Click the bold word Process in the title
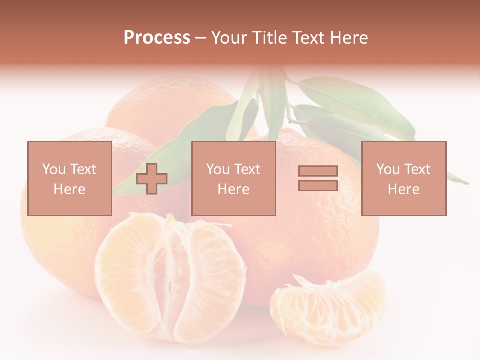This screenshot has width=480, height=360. point(157,38)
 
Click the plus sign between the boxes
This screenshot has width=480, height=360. point(152,178)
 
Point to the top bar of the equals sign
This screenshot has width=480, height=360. point(318,171)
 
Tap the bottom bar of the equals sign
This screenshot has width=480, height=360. point(318,185)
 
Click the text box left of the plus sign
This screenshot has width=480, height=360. point(70,178)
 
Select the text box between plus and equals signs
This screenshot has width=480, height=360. point(233,178)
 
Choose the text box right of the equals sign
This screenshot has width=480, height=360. point(404,178)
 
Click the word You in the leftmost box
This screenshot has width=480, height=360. point(53,169)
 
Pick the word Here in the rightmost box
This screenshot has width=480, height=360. point(403,189)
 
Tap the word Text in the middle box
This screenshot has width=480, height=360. point(248,169)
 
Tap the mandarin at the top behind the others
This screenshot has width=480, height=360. point(170,107)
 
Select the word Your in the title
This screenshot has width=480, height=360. point(229,38)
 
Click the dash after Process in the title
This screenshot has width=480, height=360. point(201,38)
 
